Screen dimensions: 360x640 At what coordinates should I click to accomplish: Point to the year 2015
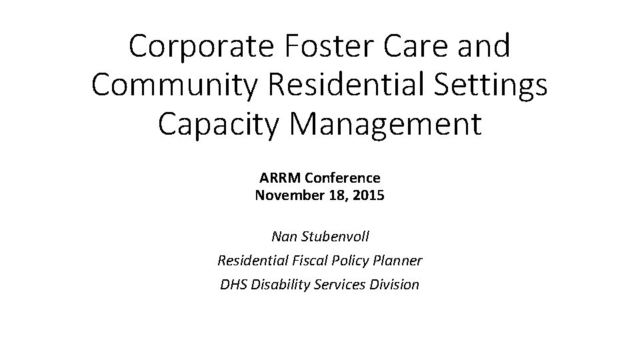pos(368,196)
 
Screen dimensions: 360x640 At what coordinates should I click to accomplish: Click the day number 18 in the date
pos(337,196)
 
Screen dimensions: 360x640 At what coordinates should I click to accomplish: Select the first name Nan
pos(284,236)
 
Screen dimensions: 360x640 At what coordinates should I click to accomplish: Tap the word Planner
pos(397,260)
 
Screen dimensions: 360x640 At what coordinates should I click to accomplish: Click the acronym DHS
pos(233,285)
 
